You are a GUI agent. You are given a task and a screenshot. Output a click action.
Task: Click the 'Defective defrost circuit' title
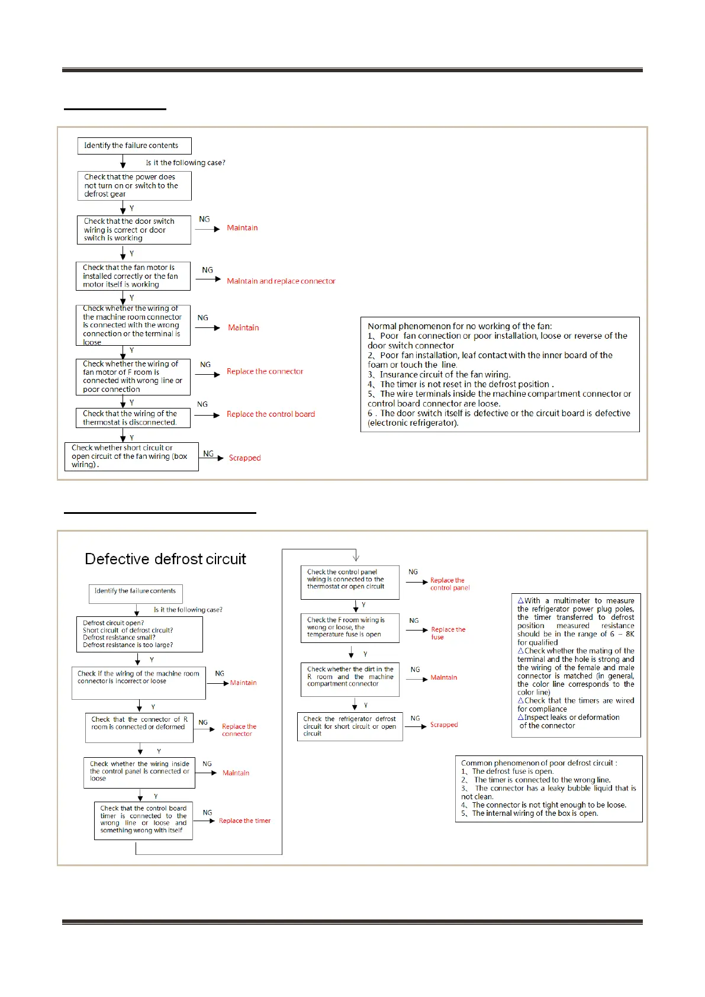point(165,559)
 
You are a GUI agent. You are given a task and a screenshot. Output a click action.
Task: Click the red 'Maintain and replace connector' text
point(281,281)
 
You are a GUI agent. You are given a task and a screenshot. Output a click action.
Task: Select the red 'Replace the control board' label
point(271,414)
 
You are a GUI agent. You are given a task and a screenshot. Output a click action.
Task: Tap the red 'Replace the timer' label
point(244,821)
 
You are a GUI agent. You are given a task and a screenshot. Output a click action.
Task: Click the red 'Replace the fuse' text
point(448,633)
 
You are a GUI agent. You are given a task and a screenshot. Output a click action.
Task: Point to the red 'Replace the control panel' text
point(449,584)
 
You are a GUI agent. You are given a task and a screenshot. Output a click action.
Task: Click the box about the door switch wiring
point(134,230)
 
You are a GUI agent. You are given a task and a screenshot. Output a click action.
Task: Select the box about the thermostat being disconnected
point(133,418)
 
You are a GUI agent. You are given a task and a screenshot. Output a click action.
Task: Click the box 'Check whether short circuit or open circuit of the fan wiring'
point(131,456)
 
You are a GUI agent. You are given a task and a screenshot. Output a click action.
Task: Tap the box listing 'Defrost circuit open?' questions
point(139,634)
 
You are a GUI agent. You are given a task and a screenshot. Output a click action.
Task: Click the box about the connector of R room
point(139,728)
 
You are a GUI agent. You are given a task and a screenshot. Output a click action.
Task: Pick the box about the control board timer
point(143,820)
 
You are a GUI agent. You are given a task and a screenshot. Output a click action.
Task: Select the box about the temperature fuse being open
point(349,628)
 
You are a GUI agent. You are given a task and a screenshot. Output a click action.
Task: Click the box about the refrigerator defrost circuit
point(349,726)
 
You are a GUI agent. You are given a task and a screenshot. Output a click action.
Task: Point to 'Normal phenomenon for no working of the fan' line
point(459,326)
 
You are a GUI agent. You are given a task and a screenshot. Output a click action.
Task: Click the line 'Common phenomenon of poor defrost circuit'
point(539,763)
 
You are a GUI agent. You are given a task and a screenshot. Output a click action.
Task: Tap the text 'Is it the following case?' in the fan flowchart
point(185,163)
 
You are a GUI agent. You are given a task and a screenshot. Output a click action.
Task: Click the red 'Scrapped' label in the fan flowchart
point(244,458)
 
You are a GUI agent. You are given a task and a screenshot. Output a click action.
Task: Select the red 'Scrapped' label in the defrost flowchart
point(444,725)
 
